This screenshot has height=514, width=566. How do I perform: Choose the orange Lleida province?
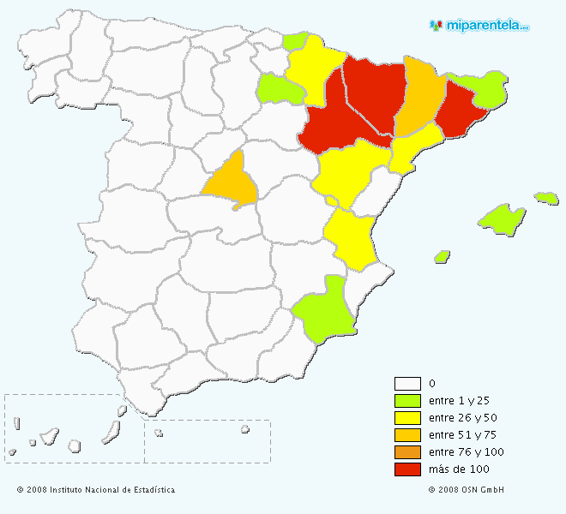420,94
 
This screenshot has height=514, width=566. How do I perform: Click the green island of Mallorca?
503,218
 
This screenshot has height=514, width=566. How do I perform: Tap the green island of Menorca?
546,198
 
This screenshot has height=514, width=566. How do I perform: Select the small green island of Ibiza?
443,256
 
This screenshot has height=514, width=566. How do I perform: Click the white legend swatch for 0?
407,384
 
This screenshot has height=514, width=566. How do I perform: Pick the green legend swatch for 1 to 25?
407,401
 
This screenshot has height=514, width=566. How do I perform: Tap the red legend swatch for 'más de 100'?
407,469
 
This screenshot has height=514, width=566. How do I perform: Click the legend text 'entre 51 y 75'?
460,435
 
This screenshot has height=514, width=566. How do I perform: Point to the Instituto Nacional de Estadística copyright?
95,490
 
